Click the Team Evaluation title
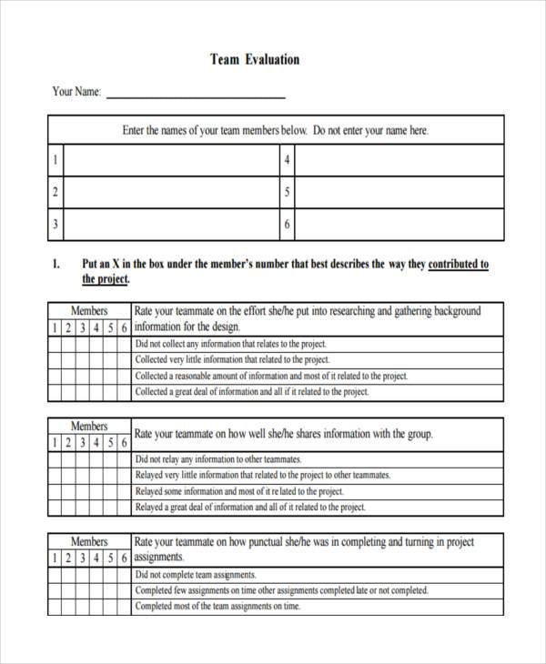(255, 60)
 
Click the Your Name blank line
(196, 95)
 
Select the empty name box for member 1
(170, 161)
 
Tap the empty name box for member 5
(399, 193)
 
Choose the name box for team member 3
(170, 224)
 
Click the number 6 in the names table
(287, 224)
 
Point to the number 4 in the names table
(287, 161)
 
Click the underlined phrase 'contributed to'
(458, 265)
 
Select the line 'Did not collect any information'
(230, 344)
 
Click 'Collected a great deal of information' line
(251, 392)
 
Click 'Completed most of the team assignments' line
(217, 606)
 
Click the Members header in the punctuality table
(89, 541)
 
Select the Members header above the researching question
(89, 310)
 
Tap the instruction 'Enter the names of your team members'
(215, 131)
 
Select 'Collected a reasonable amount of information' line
(271, 376)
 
